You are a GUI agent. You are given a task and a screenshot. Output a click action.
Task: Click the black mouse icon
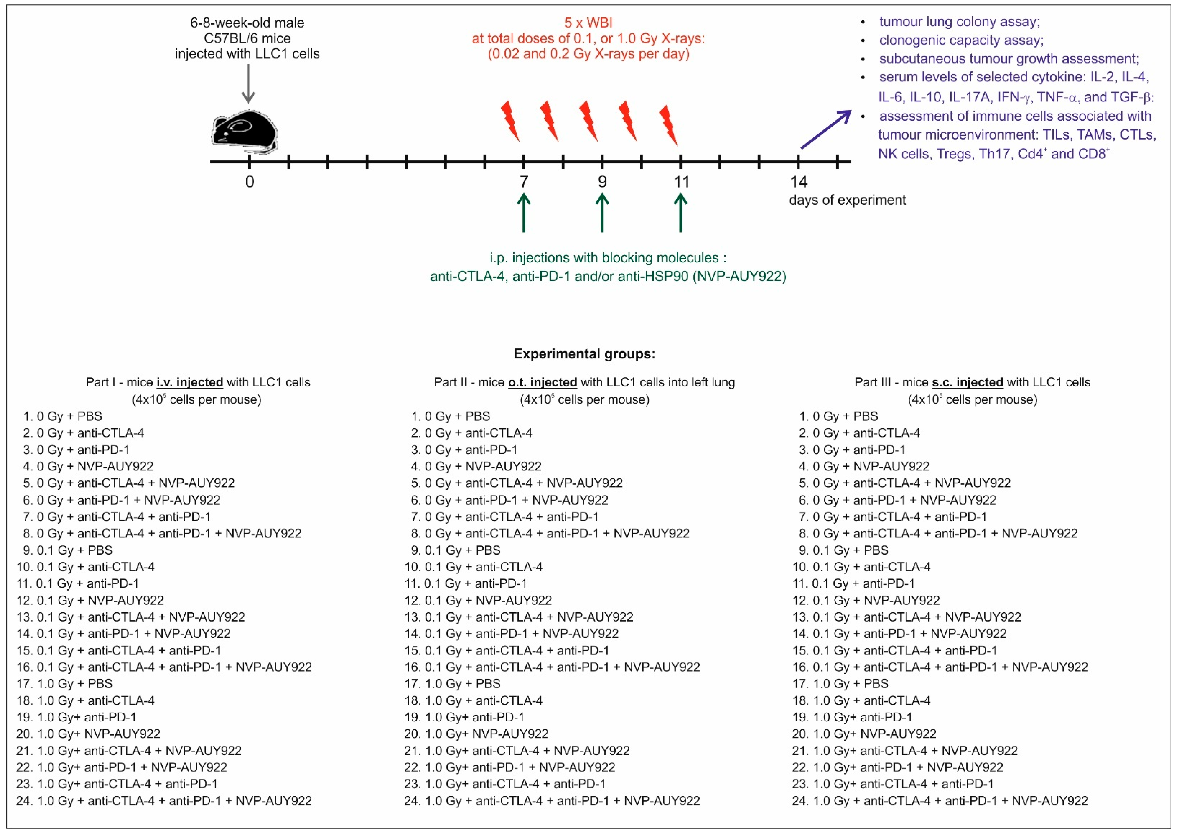click(x=244, y=132)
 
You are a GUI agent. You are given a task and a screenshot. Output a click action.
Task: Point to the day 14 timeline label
click(x=798, y=182)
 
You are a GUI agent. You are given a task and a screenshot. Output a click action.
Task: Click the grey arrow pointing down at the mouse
click(x=248, y=83)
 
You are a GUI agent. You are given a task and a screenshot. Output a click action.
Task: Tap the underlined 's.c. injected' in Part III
click(x=967, y=383)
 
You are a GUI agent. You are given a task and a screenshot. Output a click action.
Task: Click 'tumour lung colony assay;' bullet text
click(x=959, y=22)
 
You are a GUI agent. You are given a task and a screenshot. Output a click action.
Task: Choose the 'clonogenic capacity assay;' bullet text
click(x=961, y=40)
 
